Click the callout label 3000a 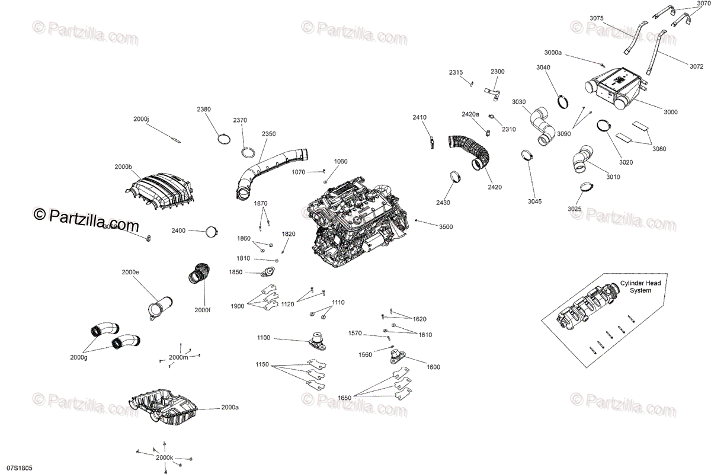pyautogui.click(x=552, y=53)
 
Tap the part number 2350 pyautogui.click(x=268, y=134)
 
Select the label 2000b pyautogui.click(x=123, y=167)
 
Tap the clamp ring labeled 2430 pyautogui.click(x=456, y=177)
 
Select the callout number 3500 pyautogui.click(x=446, y=227)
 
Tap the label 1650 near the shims pyautogui.click(x=344, y=398)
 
